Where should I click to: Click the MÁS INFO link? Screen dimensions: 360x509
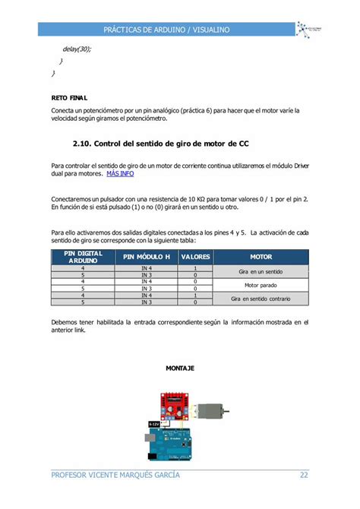click(x=121, y=174)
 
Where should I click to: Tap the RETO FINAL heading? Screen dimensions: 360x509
click(x=69, y=97)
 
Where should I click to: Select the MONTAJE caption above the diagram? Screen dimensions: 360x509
click(x=180, y=368)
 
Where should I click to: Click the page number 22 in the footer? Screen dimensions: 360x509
click(x=303, y=476)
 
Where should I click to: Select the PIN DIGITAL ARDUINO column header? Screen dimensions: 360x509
click(x=83, y=257)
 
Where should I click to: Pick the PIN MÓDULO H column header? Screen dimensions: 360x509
click(x=147, y=257)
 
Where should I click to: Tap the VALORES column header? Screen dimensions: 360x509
click(x=195, y=257)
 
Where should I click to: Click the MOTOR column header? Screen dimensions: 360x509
click(x=261, y=257)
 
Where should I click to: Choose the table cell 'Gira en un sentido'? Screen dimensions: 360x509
click(x=261, y=272)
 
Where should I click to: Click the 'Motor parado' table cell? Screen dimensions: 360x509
click(x=261, y=286)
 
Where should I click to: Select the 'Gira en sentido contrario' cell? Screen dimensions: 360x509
click(x=261, y=299)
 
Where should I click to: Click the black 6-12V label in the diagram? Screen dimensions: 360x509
click(x=153, y=424)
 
